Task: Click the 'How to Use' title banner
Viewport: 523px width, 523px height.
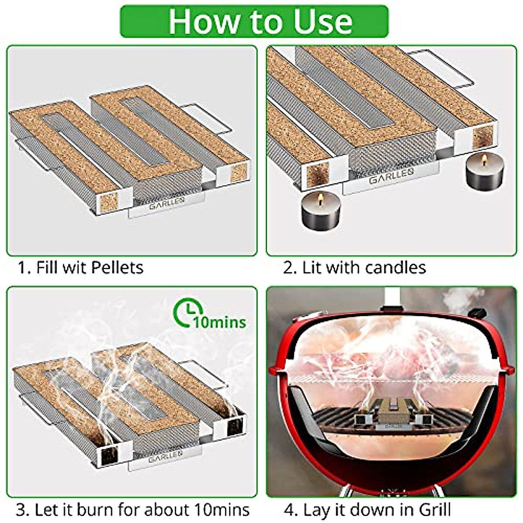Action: pyautogui.click(x=261, y=21)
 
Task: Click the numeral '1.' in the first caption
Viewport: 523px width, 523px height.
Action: pyautogui.click(x=24, y=267)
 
